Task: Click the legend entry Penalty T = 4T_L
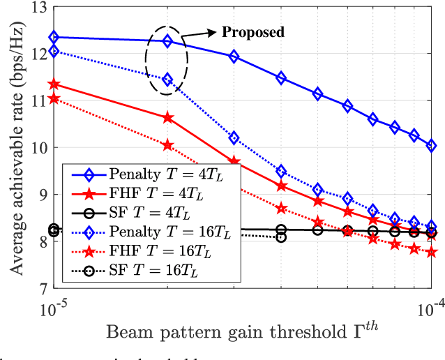(150, 172)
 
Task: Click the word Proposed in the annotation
(252, 32)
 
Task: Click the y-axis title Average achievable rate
(14, 147)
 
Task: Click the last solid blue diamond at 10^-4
(432, 145)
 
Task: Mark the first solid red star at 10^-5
(54, 84)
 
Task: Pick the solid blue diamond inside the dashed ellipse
(167, 41)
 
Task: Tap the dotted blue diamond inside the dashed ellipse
(167, 80)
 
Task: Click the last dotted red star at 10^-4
(432, 252)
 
